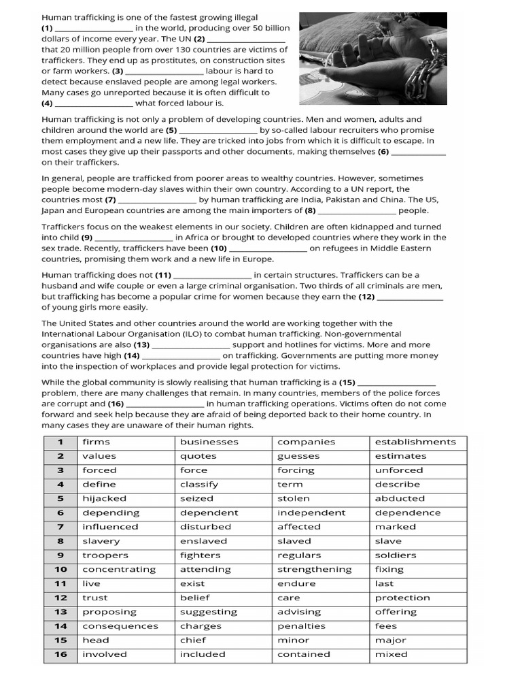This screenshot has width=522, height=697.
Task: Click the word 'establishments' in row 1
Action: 415,442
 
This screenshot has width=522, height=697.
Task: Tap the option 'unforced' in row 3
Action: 398,470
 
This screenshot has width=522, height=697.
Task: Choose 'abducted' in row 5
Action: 400,498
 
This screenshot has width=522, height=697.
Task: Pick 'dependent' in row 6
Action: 209,513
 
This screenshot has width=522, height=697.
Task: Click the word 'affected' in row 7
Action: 298,527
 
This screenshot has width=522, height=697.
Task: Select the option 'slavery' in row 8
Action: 101,541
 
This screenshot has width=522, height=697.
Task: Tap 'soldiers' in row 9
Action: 396,555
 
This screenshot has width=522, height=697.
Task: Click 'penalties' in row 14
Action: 301,626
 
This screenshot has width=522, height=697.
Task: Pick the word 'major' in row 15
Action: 390,641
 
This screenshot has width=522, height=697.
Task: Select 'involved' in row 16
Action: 105,654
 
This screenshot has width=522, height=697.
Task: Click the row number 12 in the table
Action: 60,598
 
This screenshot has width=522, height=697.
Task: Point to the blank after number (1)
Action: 93,29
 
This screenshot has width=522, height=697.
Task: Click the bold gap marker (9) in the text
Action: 86,238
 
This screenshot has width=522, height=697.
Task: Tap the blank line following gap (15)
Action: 396,383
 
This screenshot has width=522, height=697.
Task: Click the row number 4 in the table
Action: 60,485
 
